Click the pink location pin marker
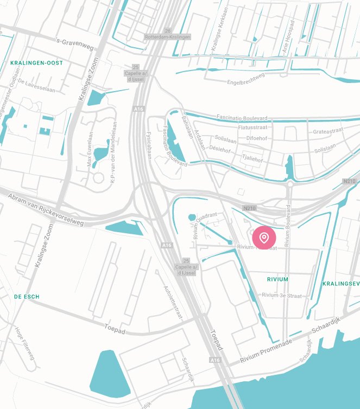(264, 238)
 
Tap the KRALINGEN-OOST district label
(37, 63)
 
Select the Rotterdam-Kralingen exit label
(168, 37)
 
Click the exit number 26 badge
(168, 30)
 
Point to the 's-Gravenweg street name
(75, 44)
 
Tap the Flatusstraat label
(253, 128)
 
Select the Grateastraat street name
(329, 131)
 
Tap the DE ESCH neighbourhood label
(27, 297)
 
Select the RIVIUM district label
(278, 279)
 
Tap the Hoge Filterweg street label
(25, 342)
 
